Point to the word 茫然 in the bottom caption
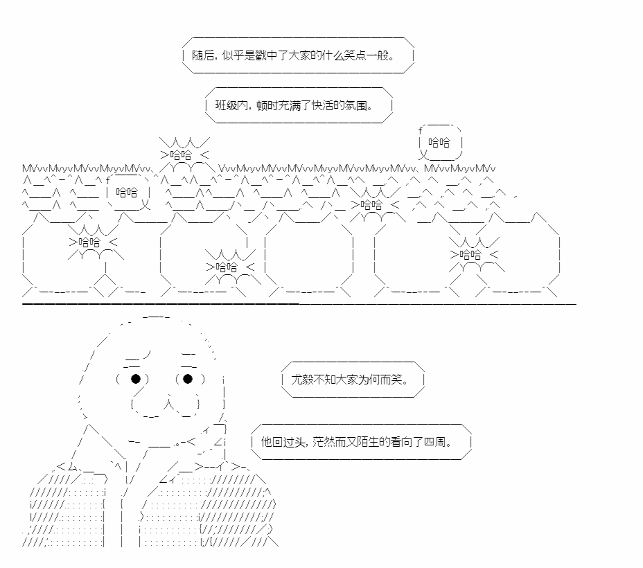click(324, 441)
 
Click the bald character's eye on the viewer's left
click(136, 378)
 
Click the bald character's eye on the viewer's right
click(188, 378)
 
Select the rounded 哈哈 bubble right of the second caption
click(439, 143)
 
